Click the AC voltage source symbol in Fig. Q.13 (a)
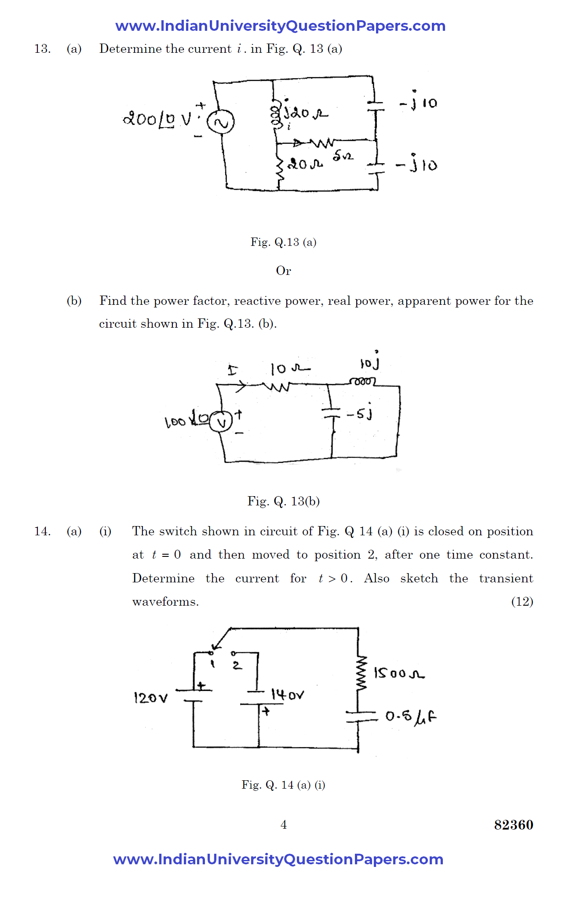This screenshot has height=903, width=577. coord(221,122)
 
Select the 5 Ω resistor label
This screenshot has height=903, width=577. coord(343,156)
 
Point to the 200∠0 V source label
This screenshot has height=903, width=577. coord(157,119)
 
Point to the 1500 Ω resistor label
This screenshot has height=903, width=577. coord(398,673)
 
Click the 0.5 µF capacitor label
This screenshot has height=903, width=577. coord(411,717)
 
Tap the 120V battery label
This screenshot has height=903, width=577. coord(150,698)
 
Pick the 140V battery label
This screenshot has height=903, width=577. coord(287,695)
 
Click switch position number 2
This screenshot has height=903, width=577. coord(237,665)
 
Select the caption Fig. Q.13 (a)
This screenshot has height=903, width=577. coord(283,242)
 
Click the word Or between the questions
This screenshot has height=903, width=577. coord(283,271)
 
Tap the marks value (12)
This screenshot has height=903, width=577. coord(522,601)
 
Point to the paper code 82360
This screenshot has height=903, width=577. coord(513,825)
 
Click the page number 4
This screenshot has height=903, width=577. coord(284,824)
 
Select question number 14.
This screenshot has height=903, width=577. coord(42,531)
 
